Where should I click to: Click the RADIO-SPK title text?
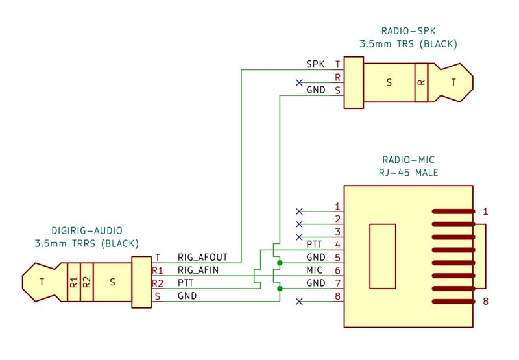coord(408,31)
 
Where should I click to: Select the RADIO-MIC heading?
coord(408,160)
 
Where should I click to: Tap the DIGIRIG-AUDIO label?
coord(87,231)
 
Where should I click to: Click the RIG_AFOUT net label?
coord(202,257)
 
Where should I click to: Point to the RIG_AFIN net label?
coord(198,270)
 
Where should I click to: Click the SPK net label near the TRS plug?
coord(315,64)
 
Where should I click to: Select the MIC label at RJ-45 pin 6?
coord(314,270)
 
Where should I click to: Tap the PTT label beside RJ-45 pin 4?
coord(314,244)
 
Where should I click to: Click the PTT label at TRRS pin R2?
coord(186,283)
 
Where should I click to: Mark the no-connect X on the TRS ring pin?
coord(299,82)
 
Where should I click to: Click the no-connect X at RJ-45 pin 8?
coord(299,302)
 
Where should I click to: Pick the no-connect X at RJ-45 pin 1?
coord(299,211)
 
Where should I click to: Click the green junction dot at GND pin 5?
coord(280,263)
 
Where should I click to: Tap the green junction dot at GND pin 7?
coord(280,289)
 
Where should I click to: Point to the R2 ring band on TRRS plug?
coord(87,282)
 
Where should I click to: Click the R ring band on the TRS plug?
coord(421,82)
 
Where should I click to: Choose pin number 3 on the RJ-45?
coord(337,232)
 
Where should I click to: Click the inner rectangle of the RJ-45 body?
coord(383,256)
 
